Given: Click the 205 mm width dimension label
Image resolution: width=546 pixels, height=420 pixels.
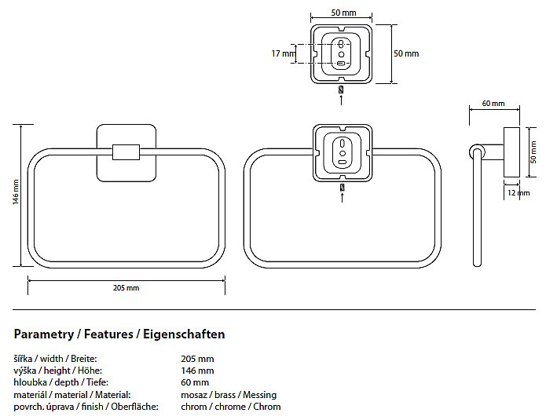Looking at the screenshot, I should point(126,288).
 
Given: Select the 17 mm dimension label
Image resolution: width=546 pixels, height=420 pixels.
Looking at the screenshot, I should point(281,53).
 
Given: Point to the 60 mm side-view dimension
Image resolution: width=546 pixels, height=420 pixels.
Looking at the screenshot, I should point(493,104).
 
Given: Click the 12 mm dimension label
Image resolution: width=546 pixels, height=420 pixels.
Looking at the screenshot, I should point(512,192).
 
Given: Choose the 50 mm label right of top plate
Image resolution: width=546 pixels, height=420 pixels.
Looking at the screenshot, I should point(406,53).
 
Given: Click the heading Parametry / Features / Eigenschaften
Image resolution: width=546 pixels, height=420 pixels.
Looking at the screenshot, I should point(119,334).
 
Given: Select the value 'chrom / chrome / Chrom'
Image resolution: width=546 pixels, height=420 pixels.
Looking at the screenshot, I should point(230,407).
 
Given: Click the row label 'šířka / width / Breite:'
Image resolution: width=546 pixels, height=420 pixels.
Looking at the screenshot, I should point(55,359).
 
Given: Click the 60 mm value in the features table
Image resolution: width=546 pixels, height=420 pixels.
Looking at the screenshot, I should point(195,382).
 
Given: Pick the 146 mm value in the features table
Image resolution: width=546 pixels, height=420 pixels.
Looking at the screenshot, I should point(197,371).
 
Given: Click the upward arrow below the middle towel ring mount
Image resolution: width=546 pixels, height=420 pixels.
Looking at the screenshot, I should point(341,198).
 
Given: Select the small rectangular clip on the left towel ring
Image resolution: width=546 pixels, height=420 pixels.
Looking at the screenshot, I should point(126,151).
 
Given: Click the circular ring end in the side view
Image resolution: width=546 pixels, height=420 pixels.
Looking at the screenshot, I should point(475,151).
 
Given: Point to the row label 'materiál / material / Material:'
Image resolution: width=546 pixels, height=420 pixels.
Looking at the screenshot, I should point(72,394).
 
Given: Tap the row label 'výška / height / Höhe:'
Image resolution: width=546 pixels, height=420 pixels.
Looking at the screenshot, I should point(58,371).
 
